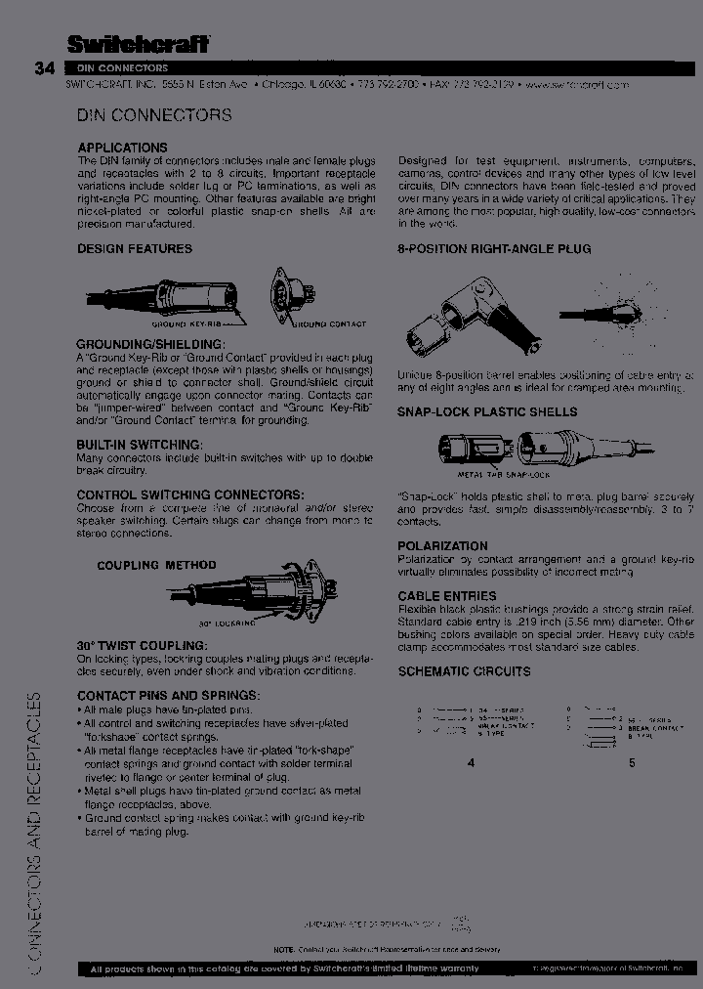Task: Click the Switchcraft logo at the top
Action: [138, 43]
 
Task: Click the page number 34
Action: [44, 68]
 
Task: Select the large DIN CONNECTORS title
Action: [154, 115]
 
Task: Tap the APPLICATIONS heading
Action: [122, 148]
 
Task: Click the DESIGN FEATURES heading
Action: [135, 249]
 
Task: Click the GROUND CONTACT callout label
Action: [331, 323]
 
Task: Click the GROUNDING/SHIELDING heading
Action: [150, 345]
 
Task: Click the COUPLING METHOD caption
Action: [156, 566]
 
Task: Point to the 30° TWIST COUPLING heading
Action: [142, 646]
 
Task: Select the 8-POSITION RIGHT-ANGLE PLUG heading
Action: [493, 249]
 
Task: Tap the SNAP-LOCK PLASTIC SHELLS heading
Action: [486, 412]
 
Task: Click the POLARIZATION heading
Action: [442, 546]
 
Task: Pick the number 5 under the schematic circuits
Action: [632, 762]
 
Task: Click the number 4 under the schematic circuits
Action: [471, 762]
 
